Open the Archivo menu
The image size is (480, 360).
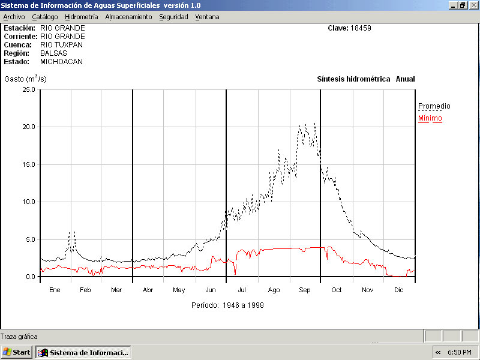click(x=14, y=17)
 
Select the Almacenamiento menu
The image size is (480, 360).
click(x=128, y=17)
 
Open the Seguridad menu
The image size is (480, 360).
click(x=173, y=17)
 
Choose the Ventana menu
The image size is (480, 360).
click(x=207, y=17)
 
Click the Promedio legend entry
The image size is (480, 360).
click(x=434, y=106)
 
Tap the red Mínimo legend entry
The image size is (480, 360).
click(x=430, y=118)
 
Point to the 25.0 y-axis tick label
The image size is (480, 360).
click(x=28, y=89)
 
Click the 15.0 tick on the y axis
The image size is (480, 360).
click(x=28, y=164)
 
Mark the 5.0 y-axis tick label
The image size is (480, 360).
click(x=30, y=239)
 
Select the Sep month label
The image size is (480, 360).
click(x=305, y=290)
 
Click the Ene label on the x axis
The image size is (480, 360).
click(x=55, y=290)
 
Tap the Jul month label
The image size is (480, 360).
click(x=242, y=290)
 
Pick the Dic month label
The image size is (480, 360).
click(x=398, y=290)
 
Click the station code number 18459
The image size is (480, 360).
click(x=362, y=28)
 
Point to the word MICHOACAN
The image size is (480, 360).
click(x=61, y=62)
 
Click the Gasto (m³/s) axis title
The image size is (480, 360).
click(x=25, y=79)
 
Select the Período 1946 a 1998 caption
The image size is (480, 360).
click(x=227, y=305)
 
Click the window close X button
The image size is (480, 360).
click(x=473, y=5)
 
